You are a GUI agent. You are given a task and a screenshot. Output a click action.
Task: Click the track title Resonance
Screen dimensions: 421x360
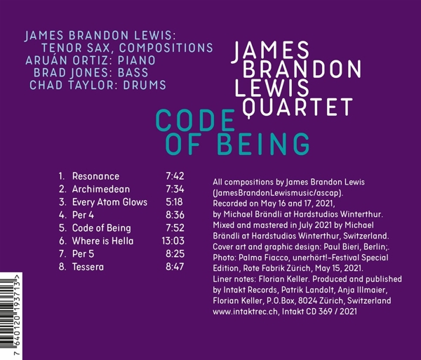point(95,176)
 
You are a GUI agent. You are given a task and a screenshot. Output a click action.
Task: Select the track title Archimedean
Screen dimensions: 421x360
point(101,189)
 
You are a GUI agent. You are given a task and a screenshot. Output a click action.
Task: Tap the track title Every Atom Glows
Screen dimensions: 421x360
point(109,202)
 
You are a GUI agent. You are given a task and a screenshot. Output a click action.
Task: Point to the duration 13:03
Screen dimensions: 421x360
point(173,241)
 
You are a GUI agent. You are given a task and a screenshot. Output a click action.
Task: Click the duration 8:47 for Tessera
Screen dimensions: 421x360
point(175,267)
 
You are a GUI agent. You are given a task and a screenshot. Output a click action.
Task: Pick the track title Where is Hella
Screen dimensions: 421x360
point(102,241)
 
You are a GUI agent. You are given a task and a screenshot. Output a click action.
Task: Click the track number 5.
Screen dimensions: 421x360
point(62,228)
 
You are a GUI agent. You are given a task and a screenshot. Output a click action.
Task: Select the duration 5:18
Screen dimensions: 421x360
point(174,202)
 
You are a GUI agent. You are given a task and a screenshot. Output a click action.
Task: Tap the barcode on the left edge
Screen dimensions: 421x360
point(11,316)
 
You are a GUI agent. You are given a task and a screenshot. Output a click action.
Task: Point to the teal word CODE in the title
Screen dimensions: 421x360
point(196,120)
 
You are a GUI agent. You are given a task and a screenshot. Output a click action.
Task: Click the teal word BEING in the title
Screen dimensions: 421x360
point(263,144)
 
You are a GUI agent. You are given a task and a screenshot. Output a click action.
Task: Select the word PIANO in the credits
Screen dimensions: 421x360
point(137,60)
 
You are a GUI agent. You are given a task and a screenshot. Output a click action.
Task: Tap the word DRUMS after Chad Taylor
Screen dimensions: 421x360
point(145,85)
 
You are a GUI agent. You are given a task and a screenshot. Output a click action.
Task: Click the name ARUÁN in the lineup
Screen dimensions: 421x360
point(46,60)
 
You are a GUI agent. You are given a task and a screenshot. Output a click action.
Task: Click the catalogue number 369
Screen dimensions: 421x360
point(325,312)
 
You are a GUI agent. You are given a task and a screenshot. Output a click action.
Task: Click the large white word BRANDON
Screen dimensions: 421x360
point(302,69)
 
